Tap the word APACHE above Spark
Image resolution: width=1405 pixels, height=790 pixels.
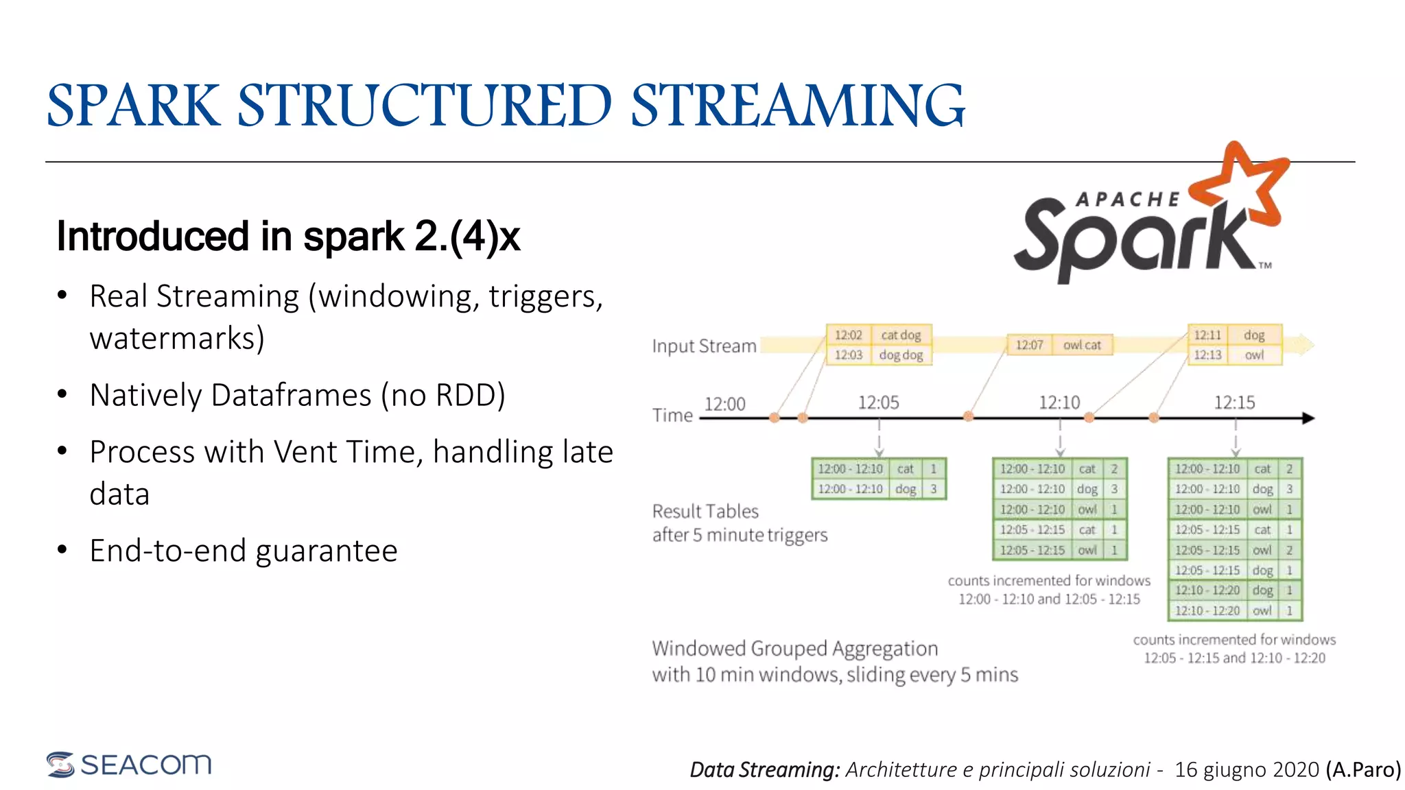[1128, 200]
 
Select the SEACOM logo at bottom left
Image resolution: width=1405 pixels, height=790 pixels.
[129, 764]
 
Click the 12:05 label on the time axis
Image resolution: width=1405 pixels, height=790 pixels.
[878, 403]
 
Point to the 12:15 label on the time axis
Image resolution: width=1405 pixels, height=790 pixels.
[1234, 403]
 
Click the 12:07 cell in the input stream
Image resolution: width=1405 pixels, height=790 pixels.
[1029, 345]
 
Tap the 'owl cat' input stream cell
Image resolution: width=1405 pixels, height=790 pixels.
[1082, 345]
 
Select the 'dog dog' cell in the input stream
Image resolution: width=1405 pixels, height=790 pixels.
[901, 355]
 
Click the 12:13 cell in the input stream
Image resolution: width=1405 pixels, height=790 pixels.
[1207, 355]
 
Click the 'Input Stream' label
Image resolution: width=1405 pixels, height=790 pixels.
[704, 346]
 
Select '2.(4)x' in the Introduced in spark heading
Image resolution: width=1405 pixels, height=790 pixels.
[467, 237]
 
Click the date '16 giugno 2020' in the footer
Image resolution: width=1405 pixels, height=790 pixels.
[1247, 769]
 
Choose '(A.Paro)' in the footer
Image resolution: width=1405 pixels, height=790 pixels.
[1363, 769]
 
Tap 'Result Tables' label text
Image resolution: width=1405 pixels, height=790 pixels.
[705, 512]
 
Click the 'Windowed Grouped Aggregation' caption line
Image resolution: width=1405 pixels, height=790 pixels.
[794, 649]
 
